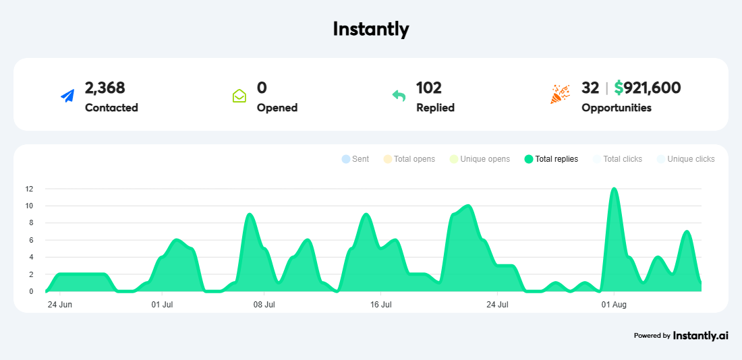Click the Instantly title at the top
coord(370,29)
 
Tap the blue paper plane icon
coord(67,96)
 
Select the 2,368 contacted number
coord(105,88)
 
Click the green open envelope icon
coord(239,96)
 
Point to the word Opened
coord(277,107)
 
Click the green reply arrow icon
coord(399,96)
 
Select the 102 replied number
coord(428,88)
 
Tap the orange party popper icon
coord(560,94)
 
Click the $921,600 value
coord(647,88)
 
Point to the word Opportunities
coord(616,107)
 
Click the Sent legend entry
coord(355,159)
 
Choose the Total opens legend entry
coord(409,159)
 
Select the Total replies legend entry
coord(551,159)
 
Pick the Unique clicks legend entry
coord(685,159)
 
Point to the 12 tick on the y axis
coord(29,189)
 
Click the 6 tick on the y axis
coord(30,240)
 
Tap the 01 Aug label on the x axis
coord(613,305)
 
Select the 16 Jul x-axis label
coord(380,305)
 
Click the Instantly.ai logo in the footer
coord(700,335)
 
